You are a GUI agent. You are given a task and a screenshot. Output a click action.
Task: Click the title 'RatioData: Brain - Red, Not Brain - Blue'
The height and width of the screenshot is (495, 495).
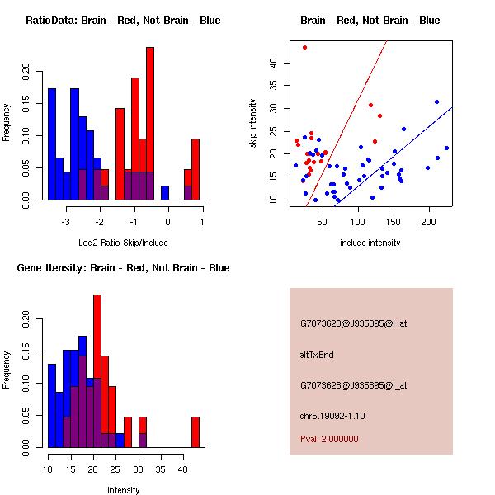[x=123, y=21]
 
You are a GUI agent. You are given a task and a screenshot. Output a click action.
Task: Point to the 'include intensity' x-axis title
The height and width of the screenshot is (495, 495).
[x=370, y=243]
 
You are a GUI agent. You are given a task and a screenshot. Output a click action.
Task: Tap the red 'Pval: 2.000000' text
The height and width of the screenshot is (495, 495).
[x=329, y=439]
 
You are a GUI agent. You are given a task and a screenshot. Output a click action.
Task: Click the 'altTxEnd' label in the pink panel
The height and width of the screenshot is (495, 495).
[x=317, y=355]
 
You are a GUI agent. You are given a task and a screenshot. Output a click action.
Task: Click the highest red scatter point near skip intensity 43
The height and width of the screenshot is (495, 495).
[x=304, y=48]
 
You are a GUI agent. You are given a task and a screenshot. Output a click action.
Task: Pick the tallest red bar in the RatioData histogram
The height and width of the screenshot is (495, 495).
[x=150, y=124]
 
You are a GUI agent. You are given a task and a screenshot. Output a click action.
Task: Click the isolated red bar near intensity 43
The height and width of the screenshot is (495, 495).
[x=196, y=431]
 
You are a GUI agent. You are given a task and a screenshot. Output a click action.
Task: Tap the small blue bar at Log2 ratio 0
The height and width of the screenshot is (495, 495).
[x=165, y=193]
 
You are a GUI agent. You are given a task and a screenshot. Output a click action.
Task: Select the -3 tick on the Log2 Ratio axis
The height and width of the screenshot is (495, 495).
[x=66, y=221]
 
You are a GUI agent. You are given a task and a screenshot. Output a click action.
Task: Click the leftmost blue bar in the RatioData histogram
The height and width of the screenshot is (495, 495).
[x=52, y=144]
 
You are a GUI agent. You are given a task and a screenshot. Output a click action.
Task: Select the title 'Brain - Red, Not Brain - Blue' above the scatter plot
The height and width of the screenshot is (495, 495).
[x=370, y=21]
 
